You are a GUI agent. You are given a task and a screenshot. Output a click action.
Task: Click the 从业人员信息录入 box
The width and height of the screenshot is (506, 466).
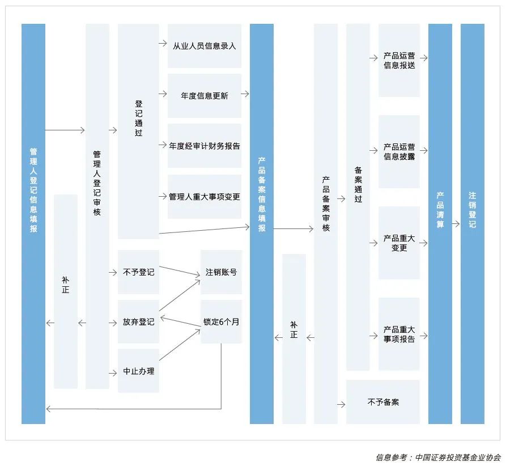[x=205, y=45]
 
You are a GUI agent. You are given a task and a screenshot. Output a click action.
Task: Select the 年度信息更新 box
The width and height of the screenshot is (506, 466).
[x=205, y=96]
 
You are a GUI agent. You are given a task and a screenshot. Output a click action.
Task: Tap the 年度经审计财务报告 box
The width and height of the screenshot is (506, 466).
[x=205, y=146]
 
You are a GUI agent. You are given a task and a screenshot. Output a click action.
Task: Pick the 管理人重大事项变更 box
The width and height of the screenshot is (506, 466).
[x=205, y=197]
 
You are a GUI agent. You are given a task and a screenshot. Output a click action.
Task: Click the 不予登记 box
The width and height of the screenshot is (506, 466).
[x=138, y=272]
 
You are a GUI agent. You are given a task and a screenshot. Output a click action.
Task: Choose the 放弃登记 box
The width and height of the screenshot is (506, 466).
[x=138, y=322]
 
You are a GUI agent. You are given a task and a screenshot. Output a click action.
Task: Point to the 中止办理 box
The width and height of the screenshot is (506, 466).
[x=138, y=372]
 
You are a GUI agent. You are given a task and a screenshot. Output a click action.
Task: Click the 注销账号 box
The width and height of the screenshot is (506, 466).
[x=221, y=272]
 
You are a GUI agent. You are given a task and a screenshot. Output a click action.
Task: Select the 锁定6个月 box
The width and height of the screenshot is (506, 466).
[x=221, y=321]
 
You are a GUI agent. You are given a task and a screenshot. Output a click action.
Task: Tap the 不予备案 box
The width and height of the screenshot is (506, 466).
[x=383, y=402]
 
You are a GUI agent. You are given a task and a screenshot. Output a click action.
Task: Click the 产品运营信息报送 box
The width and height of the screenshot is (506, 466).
[x=399, y=61]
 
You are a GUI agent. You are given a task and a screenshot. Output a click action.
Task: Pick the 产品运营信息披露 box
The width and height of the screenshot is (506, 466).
[x=399, y=152]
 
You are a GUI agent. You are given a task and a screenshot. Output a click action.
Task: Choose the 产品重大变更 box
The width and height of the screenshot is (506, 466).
[x=399, y=243]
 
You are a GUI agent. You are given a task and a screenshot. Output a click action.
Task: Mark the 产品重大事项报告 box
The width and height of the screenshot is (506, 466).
[x=399, y=334]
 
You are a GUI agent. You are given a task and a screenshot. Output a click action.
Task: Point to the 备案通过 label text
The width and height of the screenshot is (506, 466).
[x=358, y=184]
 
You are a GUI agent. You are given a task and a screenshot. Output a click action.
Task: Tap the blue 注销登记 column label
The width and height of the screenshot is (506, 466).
[x=472, y=210]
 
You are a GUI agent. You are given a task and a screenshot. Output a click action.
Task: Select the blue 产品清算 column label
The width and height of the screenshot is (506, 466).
[x=440, y=210]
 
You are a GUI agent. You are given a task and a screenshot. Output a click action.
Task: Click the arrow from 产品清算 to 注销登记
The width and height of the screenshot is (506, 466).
[x=456, y=224]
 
